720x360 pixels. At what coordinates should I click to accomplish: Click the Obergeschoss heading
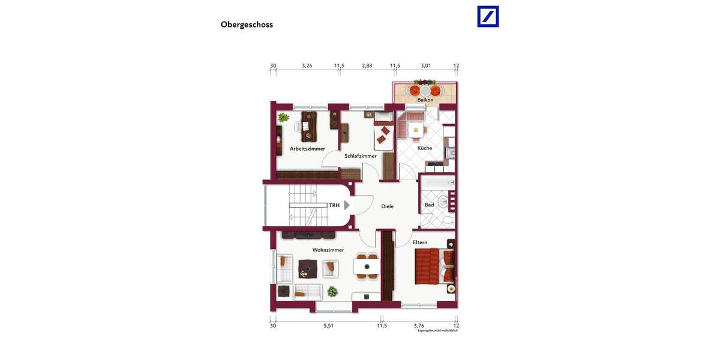[247, 25]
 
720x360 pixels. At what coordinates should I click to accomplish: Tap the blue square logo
[488, 16]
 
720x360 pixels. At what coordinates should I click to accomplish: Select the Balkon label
[425, 100]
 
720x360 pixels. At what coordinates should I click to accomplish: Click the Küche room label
[425, 148]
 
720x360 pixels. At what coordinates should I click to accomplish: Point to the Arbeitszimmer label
[307, 148]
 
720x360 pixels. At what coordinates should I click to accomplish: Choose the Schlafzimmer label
[361, 155]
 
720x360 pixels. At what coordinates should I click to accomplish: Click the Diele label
[388, 206]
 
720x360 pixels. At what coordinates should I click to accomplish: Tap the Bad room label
[429, 205]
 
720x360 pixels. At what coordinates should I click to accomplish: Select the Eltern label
[420, 242]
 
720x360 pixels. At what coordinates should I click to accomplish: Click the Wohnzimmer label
[328, 250]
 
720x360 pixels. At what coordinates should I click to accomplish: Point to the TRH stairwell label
[334, 205]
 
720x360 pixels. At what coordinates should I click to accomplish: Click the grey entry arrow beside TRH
[347, 205]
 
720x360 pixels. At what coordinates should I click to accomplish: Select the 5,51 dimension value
[328, 326]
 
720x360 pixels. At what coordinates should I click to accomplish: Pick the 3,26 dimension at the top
[307, 65]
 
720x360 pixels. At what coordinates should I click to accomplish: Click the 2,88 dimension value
[367, 65]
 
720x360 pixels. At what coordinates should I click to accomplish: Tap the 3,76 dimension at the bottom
[419, 326]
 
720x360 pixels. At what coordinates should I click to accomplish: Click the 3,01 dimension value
[426, 65]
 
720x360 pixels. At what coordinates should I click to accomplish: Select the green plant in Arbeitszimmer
[283, 118]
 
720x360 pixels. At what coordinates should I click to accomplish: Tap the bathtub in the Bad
[437, 182]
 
